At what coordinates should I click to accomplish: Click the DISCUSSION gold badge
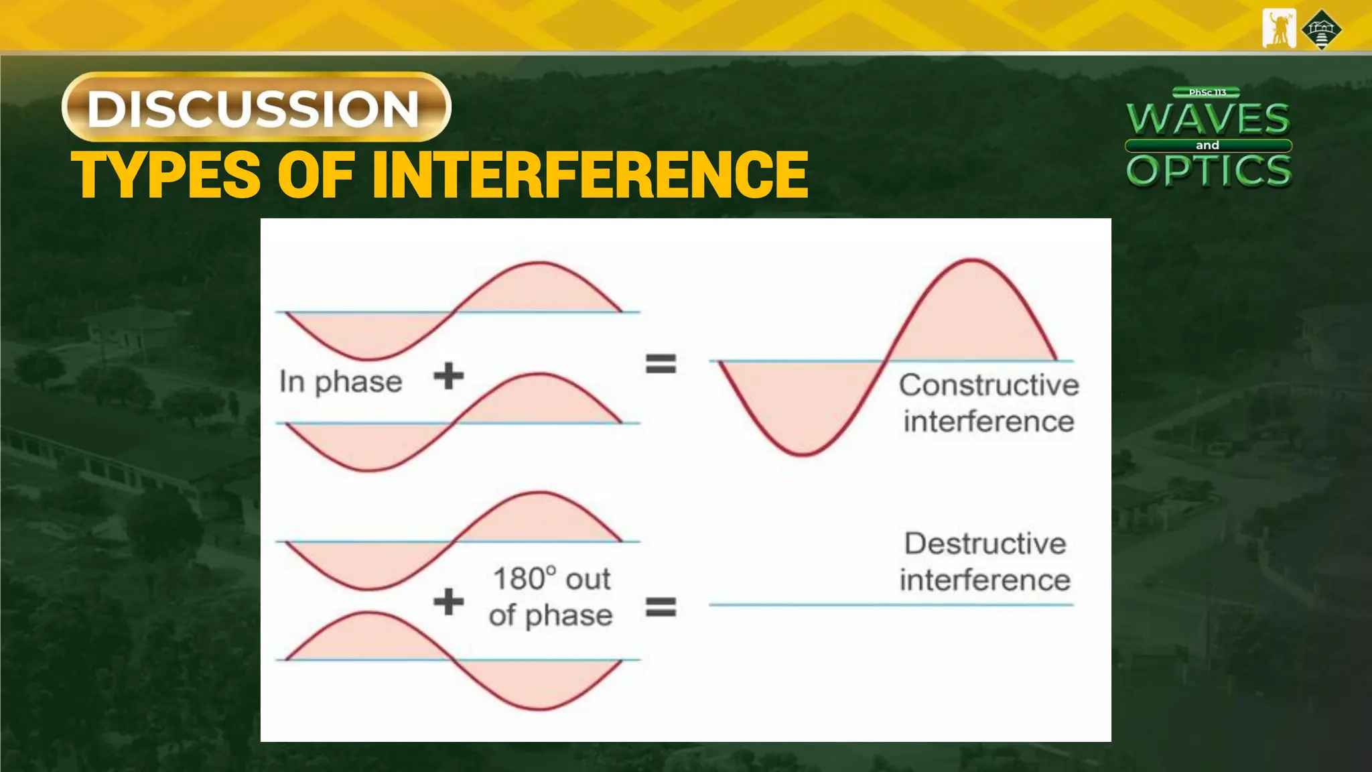256,107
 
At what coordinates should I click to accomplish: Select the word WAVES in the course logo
1208,119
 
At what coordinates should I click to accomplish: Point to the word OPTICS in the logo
1209,170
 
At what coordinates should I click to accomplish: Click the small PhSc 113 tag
1207,92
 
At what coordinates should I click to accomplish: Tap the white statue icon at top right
1278,29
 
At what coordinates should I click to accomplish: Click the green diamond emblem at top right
1321,29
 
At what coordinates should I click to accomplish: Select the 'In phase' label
340,382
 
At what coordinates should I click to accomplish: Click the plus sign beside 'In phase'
448,376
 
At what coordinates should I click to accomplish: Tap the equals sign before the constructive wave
661,364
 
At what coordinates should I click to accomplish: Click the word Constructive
988,385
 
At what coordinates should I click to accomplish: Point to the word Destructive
985,543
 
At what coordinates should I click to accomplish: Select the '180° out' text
551,578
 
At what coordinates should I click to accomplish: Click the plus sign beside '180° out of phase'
448,601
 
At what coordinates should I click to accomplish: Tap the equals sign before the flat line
661,607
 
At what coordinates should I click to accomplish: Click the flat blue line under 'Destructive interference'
891,604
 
